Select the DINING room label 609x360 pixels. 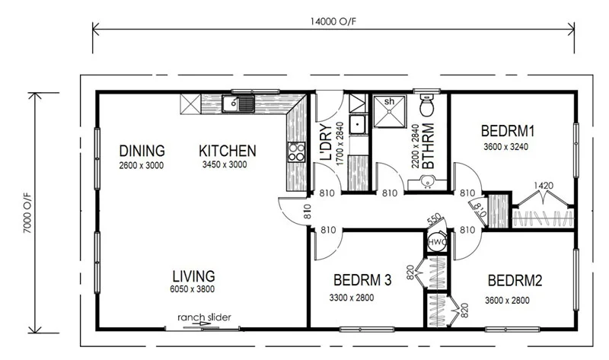coord(142,151)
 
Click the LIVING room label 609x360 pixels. coord(193,276)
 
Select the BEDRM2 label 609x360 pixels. coord(515,281)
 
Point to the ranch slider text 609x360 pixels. coord(204,317)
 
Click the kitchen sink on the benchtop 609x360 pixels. coord(238,104)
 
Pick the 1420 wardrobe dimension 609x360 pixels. coord(544,185)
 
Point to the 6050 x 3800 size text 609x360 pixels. coord(193,290)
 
